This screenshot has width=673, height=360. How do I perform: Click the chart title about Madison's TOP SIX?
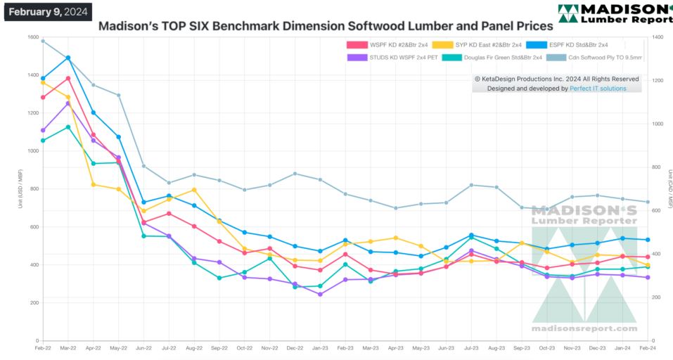[325, 26]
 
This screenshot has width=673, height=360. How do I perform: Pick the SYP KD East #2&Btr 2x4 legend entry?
[488, 45]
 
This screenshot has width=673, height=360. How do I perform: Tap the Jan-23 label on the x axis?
[320, 347]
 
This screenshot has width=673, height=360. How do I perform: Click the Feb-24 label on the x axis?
[648, 347]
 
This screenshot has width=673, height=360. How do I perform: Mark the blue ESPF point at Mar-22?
[68, 58]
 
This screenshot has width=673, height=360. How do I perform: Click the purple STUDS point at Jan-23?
[320, 294]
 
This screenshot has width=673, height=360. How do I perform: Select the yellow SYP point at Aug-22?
[194, 190]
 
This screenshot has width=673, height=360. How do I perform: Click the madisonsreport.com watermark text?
[584, 328]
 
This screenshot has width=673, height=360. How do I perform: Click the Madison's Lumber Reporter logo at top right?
[614, 13]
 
